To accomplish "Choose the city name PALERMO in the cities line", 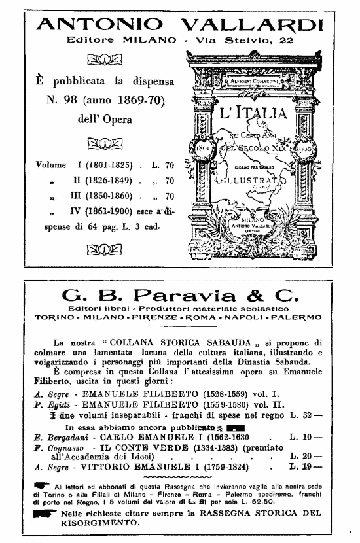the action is point(297,316).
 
